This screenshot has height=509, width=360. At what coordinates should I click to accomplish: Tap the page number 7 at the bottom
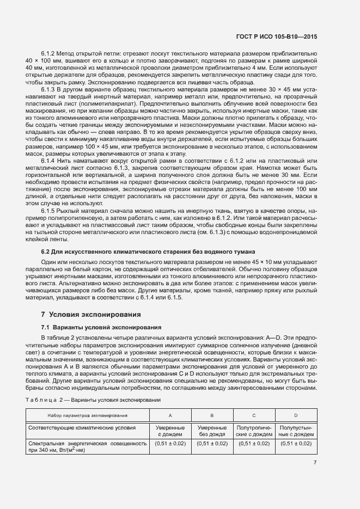pyautogui.click(x=315, y=463)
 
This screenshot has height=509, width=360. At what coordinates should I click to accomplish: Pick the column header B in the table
pyautogui.click(x=212, y=415)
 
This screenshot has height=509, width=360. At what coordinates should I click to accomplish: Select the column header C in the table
pyautogui.click(x=254, y=415)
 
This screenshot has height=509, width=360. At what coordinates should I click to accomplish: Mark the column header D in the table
pyautogui.click(x=296, y=415)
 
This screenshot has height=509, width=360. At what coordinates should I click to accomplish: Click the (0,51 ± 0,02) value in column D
pyautogui.click(x=296, y=444)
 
